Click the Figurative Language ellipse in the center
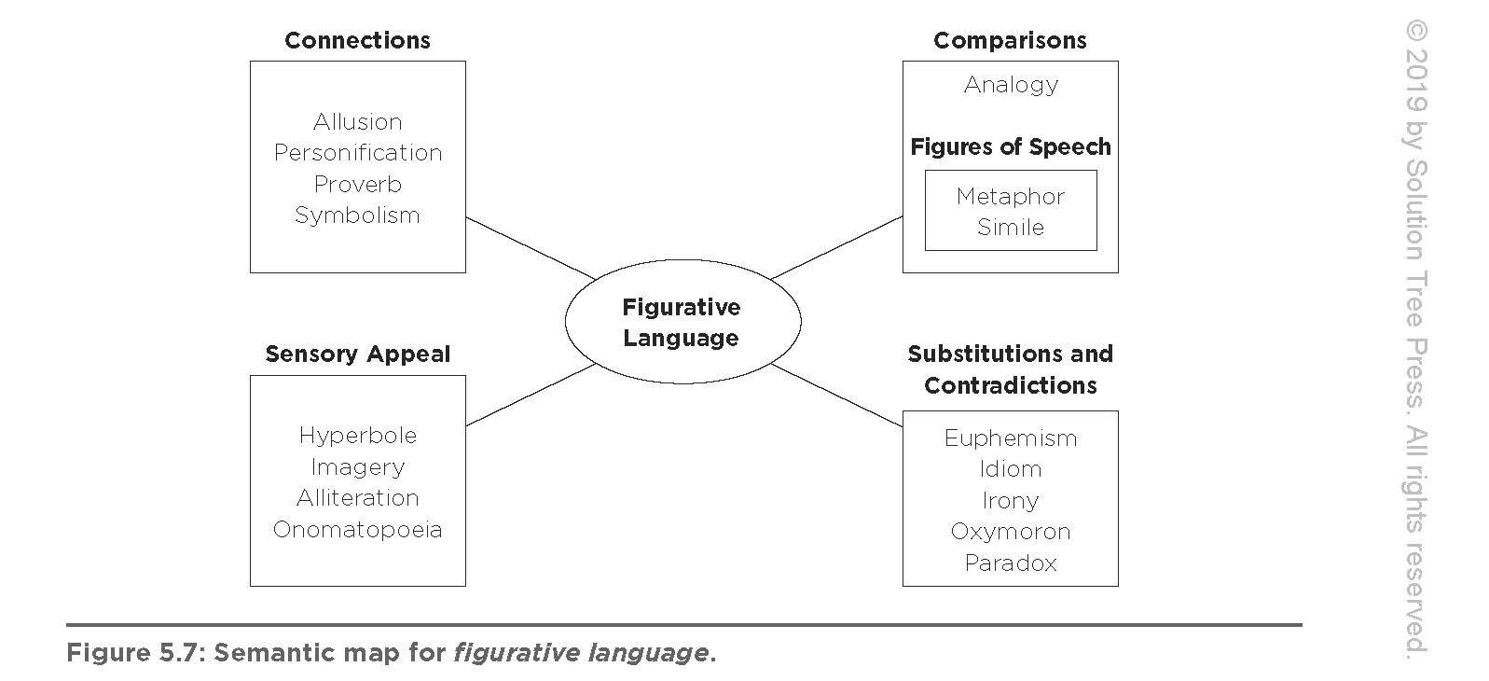(682, 322)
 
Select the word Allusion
(357, 121)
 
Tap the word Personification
(357, 152)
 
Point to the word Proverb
(357, 184)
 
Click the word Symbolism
(357, 215)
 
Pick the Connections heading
(357, 40)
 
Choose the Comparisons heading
(1010, 40)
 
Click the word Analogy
(1011, 84)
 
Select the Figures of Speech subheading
(1011, 146)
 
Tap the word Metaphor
(1011, 196)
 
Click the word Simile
(1011, 227)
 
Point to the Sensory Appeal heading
(357, 354)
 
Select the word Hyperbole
(357, 435)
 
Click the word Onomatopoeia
(357, 529)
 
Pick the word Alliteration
(357, 497)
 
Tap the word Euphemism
(1011, 438)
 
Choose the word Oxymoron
(1011, 531)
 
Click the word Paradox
(1011, 563)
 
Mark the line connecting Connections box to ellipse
(530, 248)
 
